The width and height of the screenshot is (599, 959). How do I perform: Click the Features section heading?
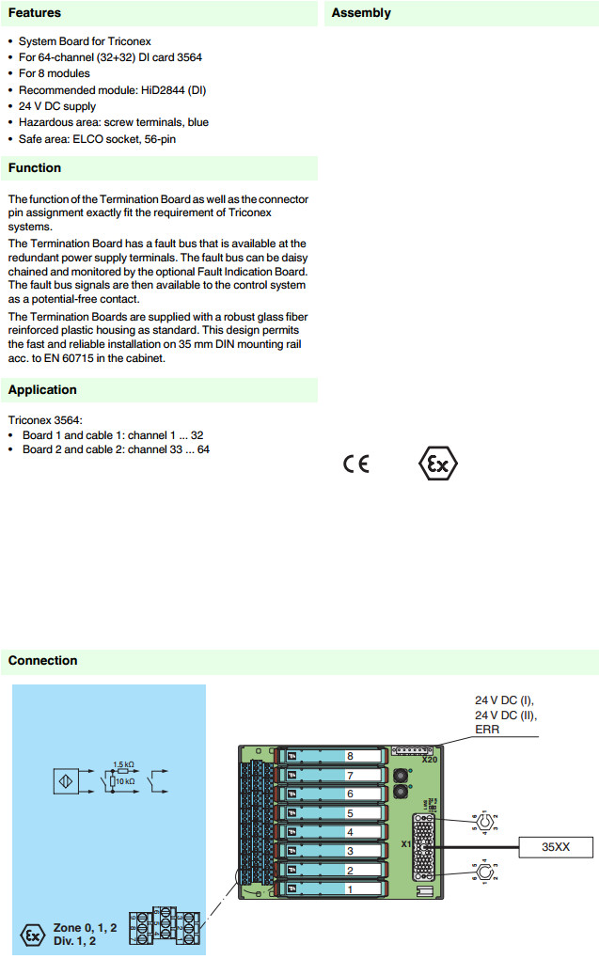[x=35, y=13]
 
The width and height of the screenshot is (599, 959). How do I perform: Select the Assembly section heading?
[x=361, y=13]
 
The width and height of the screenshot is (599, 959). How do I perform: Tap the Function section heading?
[x=35, y=168]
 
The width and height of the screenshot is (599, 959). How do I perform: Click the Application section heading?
[x=42, y=390]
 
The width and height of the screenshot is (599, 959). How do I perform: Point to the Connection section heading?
[x=42, y=661]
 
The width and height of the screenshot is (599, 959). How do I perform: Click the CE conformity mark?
[x=356, y=464]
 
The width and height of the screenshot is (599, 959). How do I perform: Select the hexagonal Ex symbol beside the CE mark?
[x=437, y=464]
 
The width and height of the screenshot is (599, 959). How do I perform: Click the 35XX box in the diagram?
[x=556, y=847]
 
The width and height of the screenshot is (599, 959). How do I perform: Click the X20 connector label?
[x=430, y=759]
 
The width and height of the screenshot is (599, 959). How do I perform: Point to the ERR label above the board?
[x=487, y=730]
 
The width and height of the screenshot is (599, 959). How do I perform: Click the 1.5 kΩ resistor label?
[x=123, y=764]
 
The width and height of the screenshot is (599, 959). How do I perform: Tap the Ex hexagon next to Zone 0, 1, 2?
[x=32, y=935]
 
